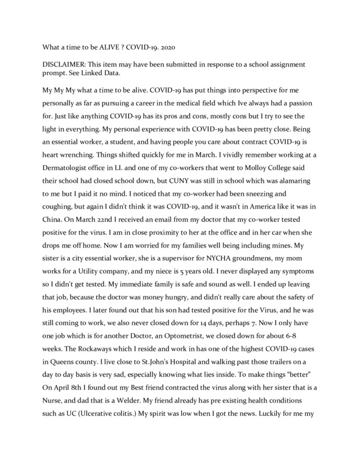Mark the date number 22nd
pos(101,242)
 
